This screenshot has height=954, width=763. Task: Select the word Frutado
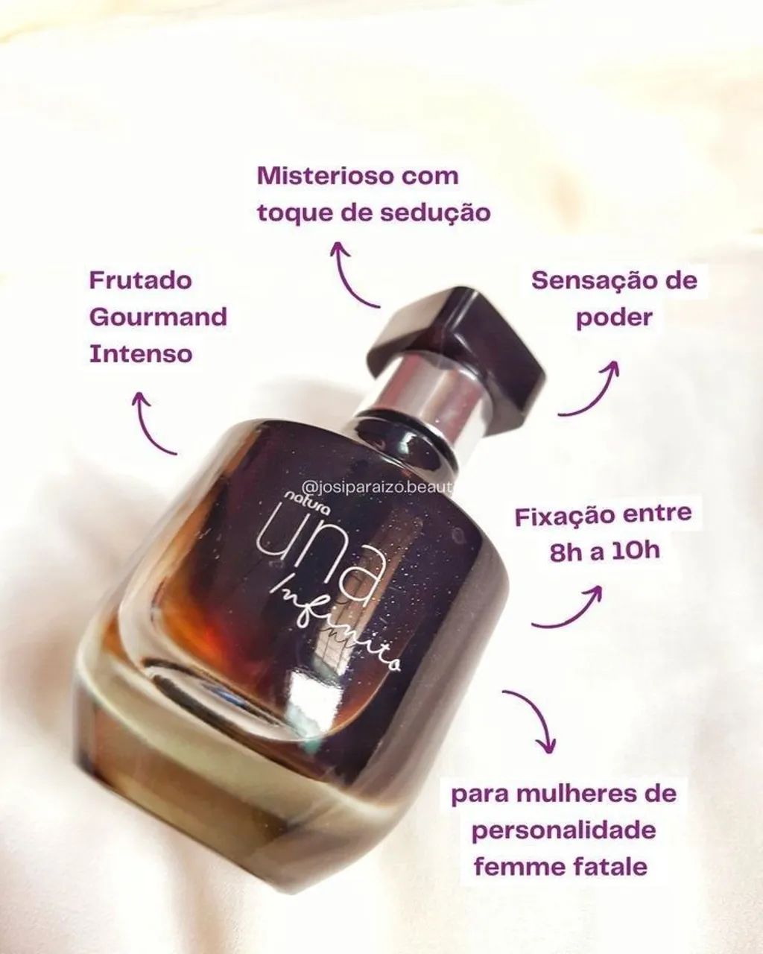tap(141, 281)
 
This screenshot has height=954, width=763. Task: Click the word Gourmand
tap(158, 317)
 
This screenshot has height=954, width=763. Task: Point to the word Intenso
tap(141, 353)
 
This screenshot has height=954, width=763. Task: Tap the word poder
tap(615, 318)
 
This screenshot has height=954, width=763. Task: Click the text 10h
tap(636, 552)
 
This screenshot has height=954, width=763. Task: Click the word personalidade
tap(564, 830)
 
